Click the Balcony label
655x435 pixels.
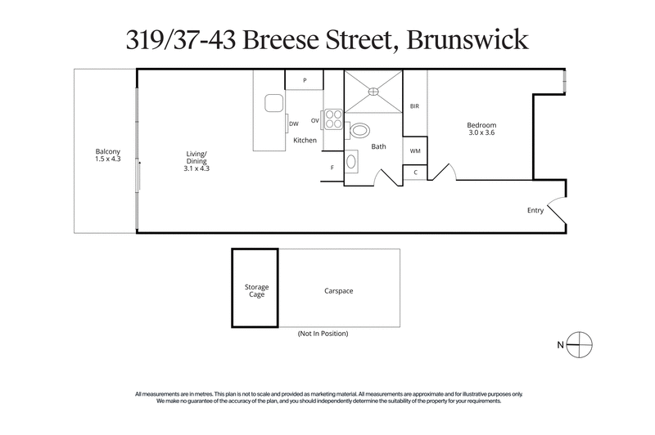[x=107, y=155]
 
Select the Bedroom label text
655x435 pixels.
[x=481, y=128]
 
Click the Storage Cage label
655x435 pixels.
[x=257, y=290]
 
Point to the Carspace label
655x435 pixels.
[x=338, y=290]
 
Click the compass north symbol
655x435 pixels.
[x=580, y=344]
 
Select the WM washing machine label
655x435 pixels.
[x=415, y=151]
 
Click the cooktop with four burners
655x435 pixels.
[x=333, y=119]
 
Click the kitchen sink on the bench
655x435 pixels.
[x=273, y=103]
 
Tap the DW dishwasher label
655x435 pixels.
[x=293, y=124]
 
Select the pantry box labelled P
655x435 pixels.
[x=304, y=80]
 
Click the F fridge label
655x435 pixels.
[x=332, y=168]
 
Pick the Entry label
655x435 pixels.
[x=535, y=210]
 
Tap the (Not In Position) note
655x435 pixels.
[x=323, y=334]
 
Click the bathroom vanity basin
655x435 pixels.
[x=352, y=161]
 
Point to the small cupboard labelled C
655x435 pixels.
[x=415, y=173]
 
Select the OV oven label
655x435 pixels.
[x=314, y=119]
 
